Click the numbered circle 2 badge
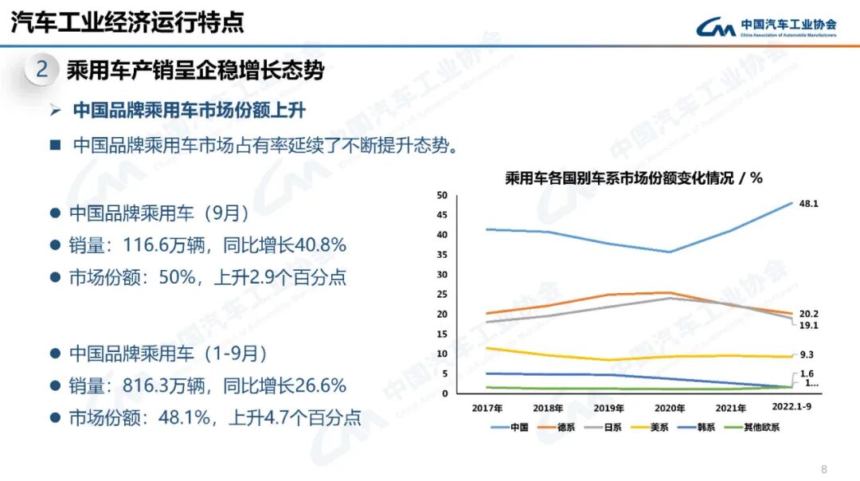[41, 70]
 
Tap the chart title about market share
[633, 178]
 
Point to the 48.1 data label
[809, 204]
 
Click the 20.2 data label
[809, 314]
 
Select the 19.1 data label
[809, 326]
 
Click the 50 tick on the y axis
[442, 195]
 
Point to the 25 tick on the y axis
[442, 294]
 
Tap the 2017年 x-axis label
[487, 408]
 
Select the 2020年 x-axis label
[670, 408]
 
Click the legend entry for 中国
[510, 427]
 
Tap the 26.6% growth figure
[321, 386]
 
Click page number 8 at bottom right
[824, 468]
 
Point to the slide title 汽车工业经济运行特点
[127, 22]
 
